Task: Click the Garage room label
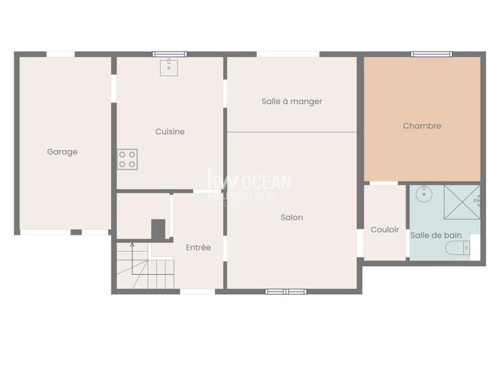pyautogui.click(x=62, y=151)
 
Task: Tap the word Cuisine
pyautogui.click(x=170, y=132)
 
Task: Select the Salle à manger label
pyautogui.click(x=292, y=101)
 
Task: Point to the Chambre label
pyautogui.click(x=422, y=126)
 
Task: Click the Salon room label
pyautogui.click(x=292, y=217)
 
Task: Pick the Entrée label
pyautogui.click(x=198, y=247)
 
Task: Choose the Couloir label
pyautogui.click(x=385, y=229)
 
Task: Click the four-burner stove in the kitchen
pyautogui.click(x=127, y=159)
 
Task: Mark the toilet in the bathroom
pyautogui.click(x=458, y=249)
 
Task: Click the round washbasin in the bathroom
pyautogui.click(x=424, y=194)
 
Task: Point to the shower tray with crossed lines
pyautogui.click(x=462, y=202)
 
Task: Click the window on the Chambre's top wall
pyautogui.click(x=431, y=54)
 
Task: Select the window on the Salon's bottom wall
pyautogui.click(x=286, y=291)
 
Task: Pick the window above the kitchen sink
pyautogui.click(x=169, y=54)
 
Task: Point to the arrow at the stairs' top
pyautogui.click(x=132, y=245)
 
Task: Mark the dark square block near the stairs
pyautogui.click(x=159, y=228)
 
